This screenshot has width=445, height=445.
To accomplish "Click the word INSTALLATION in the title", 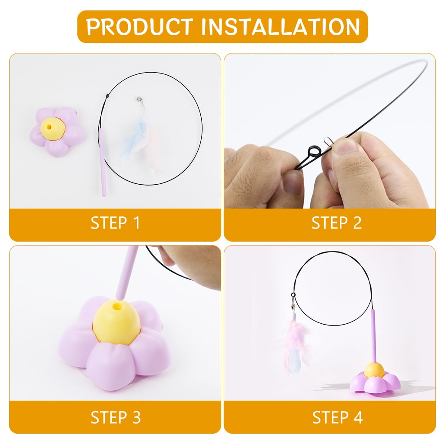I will [x=280, y=27].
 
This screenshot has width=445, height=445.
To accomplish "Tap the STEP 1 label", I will [x=115, y=223].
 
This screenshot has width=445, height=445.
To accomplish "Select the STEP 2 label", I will [x=336, y=223].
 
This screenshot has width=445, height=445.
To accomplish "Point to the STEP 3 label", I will [x=115, y=417].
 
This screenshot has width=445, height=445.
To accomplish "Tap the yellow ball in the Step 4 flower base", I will [x=374, y=370].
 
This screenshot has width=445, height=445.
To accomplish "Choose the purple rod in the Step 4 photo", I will [x=373, y=335].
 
